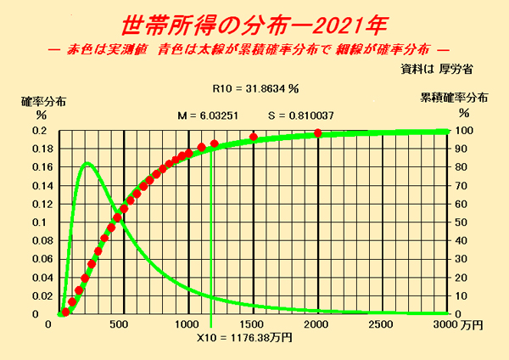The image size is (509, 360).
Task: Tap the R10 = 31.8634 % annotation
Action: click(255, 87)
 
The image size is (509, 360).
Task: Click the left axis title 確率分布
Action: click(42, 99)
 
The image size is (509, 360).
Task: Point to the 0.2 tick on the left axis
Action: click(40, 131)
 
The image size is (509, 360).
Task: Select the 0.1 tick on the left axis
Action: click(40, 222)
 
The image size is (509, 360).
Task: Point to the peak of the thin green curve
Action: click(87, 163)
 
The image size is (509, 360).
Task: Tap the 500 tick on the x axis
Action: click(124, 325)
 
